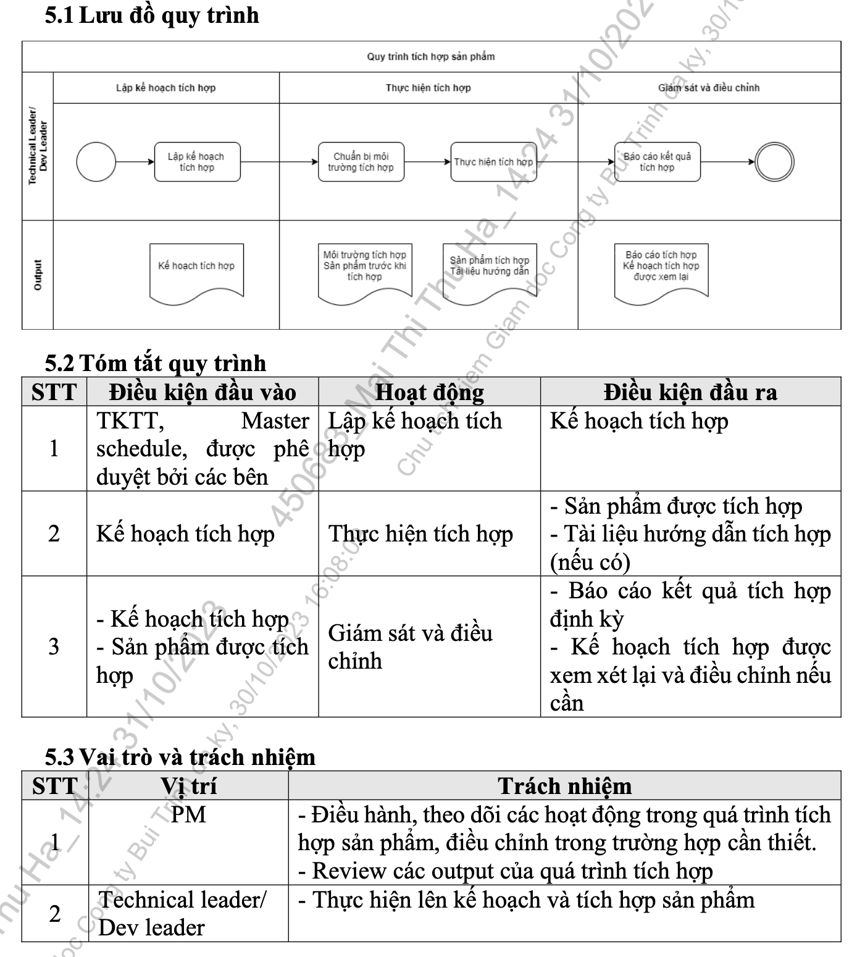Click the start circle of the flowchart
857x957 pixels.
pos(96,162)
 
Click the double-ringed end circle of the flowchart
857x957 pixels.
pos(774,162)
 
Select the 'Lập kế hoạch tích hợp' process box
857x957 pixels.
pos(197,162)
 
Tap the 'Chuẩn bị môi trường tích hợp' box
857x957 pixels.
pos(361,162)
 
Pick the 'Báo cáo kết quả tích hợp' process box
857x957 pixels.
pos(657,162)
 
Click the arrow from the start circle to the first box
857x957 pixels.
pos(135,162)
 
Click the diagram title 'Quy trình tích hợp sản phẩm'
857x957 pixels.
pos(431,57)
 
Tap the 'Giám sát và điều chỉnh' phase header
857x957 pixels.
pos(709,88)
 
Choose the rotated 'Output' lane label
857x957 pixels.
pos(38,275)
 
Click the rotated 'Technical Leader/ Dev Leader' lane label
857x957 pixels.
pos(38,146)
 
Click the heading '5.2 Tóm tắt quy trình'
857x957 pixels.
pos(156,363)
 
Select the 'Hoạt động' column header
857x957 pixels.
pos(430,392)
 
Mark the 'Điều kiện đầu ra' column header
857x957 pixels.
pos(690,392)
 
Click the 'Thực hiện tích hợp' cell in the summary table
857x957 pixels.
pos(420,534)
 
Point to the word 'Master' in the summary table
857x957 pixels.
pos(275,420)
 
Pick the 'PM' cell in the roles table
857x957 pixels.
pos(188,815)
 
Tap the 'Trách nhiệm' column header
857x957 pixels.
pos(564,786)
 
